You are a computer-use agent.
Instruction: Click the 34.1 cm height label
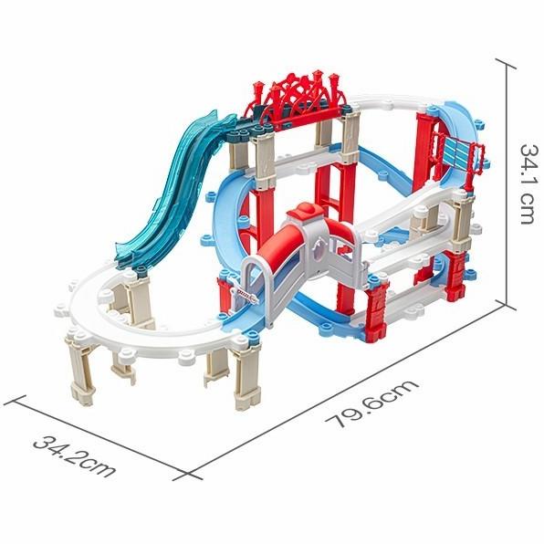point(527,183)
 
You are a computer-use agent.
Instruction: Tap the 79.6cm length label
point(374,404)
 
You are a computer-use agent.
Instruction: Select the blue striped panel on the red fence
point(462,151)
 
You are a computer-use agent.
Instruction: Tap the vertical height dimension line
point(502,183)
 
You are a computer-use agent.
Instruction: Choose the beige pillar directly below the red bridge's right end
point(350,137)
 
